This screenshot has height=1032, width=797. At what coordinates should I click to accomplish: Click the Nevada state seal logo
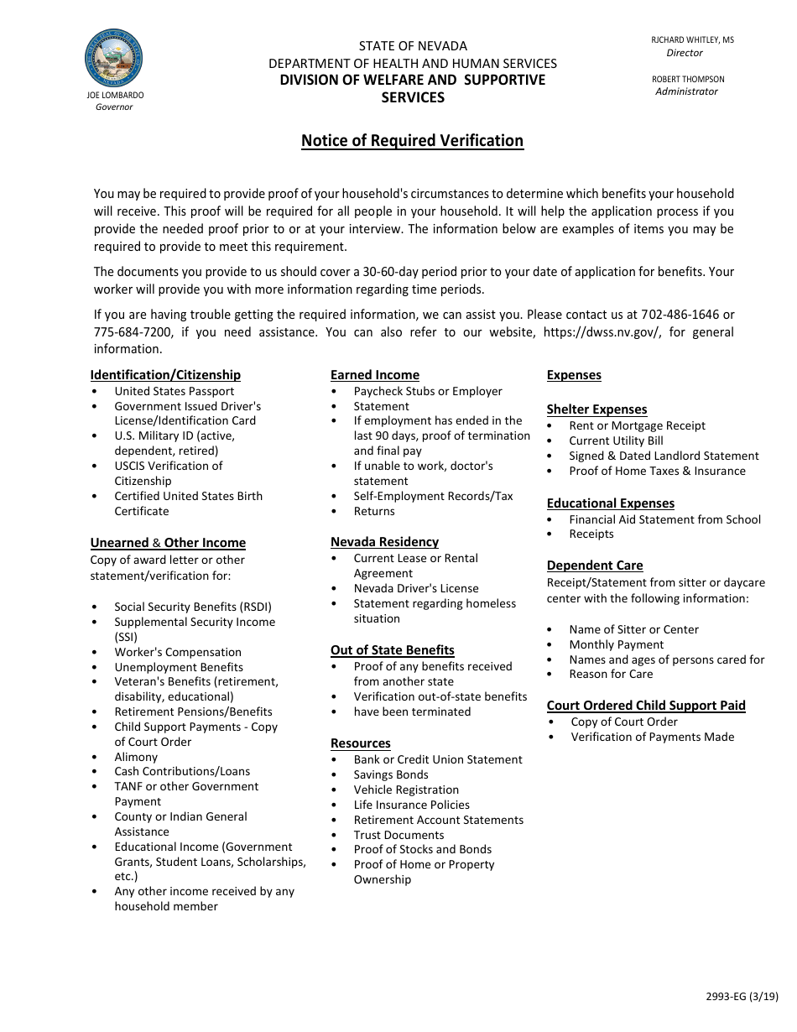click(x=113, y=58)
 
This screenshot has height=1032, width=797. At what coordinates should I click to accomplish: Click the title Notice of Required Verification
click(x=412, y=141)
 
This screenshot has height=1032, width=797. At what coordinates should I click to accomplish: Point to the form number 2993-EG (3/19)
click(x=742, y=997)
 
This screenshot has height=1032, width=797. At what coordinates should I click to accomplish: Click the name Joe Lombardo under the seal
click(x=115, y=96)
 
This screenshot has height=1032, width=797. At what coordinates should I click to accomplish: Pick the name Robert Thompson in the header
click(x=688, y=79)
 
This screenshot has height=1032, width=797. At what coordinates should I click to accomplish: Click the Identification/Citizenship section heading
click(x=165, y=375)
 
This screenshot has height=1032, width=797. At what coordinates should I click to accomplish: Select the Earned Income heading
click(x=374, y=375)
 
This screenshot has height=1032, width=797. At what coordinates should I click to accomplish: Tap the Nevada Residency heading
click(x=384, y=542)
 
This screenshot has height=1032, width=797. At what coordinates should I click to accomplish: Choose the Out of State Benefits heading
click(x=392, y=650)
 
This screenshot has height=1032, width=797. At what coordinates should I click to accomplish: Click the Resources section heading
click(x=360, y=743)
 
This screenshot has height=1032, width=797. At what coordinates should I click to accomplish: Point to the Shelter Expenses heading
click(x=596, y=409)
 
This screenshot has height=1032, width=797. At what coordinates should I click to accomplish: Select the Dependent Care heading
click(x=595, y=566)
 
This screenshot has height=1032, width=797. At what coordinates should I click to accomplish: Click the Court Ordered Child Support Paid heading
click(x=646, y=706)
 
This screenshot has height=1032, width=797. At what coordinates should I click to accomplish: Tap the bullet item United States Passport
click(x=174, y=391)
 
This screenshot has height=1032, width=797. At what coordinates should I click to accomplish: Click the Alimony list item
click(x=136, y=757)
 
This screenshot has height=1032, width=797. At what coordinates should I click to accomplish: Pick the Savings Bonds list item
click(x=391, y=774)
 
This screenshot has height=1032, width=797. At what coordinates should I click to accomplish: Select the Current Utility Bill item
click(x=616, y=440)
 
